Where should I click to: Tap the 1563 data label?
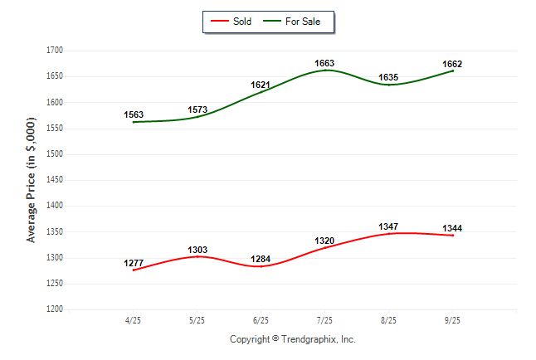coord(134,115)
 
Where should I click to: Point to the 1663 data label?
coord(324,63)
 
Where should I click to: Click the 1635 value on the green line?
coord(388,78)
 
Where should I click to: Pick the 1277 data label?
coord(134,264)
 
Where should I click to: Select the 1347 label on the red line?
coord(388,226)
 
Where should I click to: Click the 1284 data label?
coord(261,260)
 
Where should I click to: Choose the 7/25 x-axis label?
coord(324,320)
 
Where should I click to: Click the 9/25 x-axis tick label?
coord(452,320)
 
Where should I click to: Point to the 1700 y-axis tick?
coord(54,51)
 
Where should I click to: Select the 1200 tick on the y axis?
coord(54,309)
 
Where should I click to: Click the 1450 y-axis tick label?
coord(54,180)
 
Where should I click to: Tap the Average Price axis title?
coord(32,180)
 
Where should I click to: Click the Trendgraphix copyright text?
coord(292,339)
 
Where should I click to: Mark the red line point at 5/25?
coord(197,256)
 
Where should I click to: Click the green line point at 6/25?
coord(261,92)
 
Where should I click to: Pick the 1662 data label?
coord(452,64)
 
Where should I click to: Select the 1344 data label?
coord(452,228)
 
